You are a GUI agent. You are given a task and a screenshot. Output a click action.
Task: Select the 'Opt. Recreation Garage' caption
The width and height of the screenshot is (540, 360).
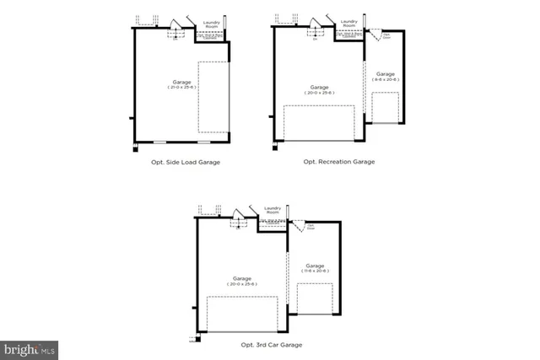[338, 161]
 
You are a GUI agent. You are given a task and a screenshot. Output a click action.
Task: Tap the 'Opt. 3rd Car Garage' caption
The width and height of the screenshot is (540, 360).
[267, 345]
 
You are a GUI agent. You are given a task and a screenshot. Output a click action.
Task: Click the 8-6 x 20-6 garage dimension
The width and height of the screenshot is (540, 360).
[385, 78]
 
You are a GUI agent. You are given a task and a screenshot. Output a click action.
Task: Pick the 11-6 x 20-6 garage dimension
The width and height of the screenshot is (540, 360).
[315, 271]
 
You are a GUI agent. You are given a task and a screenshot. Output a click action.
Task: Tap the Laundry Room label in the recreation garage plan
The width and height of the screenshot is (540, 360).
[349, 24]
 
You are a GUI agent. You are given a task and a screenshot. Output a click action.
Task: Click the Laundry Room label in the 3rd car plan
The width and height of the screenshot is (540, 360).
[272, 210]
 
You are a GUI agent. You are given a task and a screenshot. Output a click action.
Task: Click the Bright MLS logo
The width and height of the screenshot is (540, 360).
[30, 347]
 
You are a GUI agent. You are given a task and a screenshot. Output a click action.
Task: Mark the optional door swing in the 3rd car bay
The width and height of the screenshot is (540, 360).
[298, 226]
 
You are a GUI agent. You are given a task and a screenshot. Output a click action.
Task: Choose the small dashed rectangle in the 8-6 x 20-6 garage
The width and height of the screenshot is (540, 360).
[385, 108]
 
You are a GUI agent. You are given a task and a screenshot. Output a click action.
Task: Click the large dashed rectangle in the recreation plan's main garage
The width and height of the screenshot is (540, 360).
[319, 122]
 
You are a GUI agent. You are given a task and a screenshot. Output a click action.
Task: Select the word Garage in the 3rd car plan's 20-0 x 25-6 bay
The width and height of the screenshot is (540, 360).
[241, 279]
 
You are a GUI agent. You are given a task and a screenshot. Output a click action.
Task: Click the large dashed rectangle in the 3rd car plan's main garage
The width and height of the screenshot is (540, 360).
[241, 314]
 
